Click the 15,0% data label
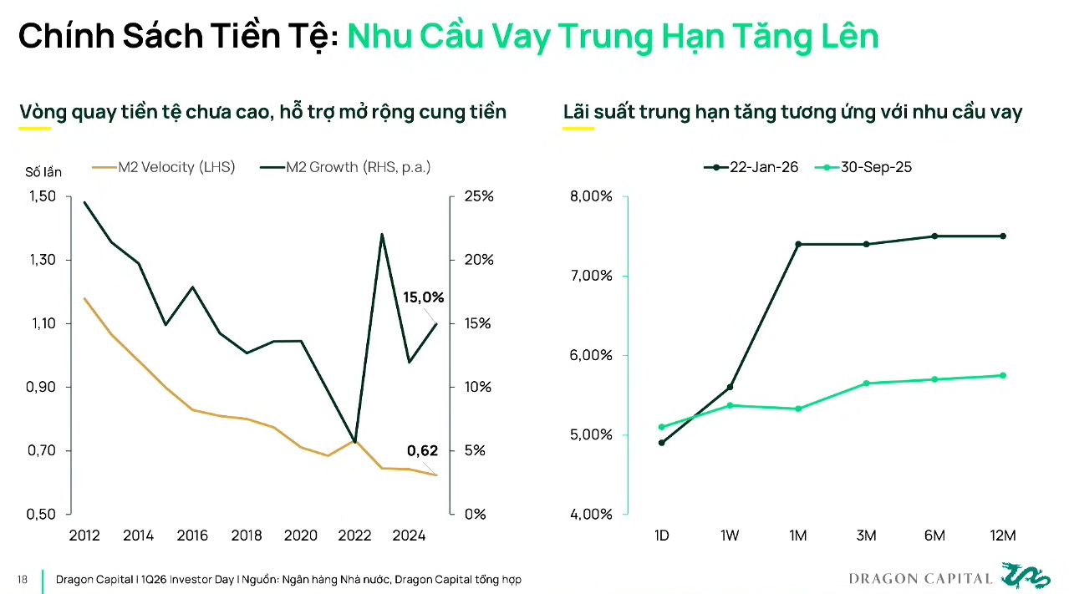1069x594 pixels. tap(423, 297)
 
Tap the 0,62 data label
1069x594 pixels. tap(422, 451)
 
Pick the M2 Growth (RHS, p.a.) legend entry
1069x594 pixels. tap(346, 167)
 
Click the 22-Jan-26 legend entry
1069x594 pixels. tap(751, 167)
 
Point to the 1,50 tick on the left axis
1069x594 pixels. tap(41, 196)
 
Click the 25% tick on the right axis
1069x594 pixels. tap(479, 196)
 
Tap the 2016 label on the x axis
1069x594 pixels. tap(192, 536)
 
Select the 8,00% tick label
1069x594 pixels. tap(591, 196)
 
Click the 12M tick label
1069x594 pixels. tap(1003, 536)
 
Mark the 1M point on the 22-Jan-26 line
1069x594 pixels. tap(798, 244)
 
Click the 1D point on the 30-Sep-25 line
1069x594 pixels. tap(662, 427)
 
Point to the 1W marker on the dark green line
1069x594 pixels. tap(730, 387)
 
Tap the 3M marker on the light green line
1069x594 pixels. tap(867, 383)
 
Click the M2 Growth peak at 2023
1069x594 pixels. tap(382, 235)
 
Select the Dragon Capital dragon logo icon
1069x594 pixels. tap(1025, 576)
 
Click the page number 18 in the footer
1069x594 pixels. tap(22, 580)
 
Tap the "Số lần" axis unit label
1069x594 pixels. tap(43, 172)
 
